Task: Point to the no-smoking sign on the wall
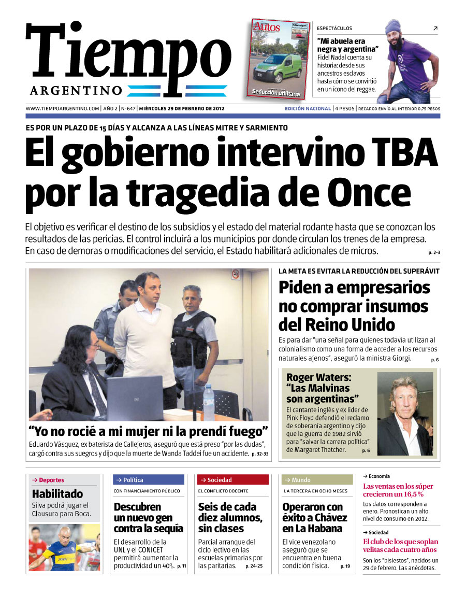tap(236, 274)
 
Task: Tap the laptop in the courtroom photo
tap(135, 398)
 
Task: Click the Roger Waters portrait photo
tap(405, 413)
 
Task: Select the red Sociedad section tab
tap(232, 480)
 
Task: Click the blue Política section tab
tap(148, 480)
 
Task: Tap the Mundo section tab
tap(316, 480)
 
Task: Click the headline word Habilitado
tap(57, 494)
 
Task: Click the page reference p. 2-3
tap(434, 252)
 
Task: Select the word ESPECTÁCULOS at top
tap(334, 29)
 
